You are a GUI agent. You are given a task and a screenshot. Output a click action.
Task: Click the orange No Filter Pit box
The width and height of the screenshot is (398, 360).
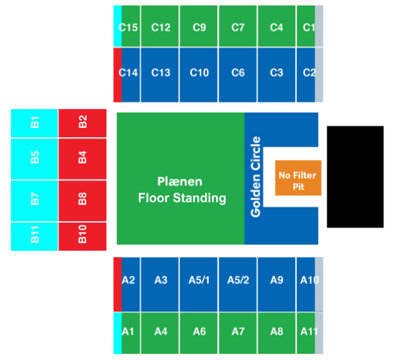pos(298,178)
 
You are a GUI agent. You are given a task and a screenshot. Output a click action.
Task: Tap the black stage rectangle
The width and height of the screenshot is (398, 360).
pos(355,177)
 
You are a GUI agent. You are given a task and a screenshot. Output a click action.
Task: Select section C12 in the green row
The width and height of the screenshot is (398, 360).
pos(160,26)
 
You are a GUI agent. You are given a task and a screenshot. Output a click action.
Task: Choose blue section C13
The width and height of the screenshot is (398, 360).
pos(160,75)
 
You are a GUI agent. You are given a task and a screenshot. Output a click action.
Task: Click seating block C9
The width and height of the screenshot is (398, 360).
pos(199,26)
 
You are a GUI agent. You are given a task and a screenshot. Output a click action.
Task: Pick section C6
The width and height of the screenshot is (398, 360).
pos(237,75)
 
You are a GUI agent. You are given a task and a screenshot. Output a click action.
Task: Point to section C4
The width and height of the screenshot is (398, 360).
pos(277,26)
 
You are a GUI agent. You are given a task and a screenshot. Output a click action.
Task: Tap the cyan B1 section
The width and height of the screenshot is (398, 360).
pos(34,124)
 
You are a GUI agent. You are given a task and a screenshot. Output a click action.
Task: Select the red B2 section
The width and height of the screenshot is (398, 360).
pos(83,124)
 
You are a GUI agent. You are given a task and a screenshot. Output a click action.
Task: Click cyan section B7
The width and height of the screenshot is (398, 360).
pos(34,201)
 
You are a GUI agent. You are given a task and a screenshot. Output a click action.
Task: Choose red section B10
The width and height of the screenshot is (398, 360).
pos(83,236)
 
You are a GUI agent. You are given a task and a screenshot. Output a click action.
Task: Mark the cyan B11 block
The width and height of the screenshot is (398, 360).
pos(34,236)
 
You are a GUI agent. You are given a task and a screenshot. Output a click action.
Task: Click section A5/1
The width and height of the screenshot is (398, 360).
pos(199,284)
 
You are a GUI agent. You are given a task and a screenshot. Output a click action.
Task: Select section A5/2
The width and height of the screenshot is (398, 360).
pos(237,284)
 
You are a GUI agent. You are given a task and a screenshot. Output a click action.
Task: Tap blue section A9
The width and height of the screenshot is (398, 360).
pos(277,284)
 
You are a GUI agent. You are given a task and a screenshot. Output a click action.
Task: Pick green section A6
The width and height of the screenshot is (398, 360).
pos(199,333)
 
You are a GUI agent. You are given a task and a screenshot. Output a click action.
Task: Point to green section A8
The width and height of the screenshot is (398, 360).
pos(277,333)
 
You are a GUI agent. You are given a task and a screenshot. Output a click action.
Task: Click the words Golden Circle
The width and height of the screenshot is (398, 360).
pos(255,177)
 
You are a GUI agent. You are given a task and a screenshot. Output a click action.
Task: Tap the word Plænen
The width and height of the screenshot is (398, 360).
pos(180,182)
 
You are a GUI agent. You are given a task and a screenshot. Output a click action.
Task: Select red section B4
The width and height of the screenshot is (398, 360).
pos(83,159)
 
